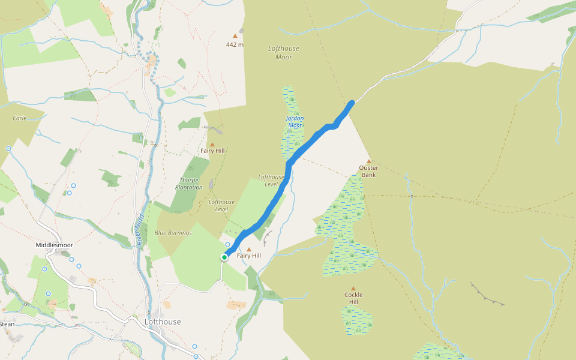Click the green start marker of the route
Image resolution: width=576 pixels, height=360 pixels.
224,257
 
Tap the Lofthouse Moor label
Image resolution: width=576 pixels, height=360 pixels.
284,53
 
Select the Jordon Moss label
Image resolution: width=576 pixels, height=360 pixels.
295,122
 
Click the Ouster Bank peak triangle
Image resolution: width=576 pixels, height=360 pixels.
368,161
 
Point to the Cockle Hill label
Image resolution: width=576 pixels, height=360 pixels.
353,298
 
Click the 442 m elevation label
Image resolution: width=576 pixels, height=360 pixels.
235,44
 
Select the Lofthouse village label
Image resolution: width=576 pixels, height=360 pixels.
163,322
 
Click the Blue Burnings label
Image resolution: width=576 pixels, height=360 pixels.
173,233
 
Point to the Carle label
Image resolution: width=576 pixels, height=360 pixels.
19,118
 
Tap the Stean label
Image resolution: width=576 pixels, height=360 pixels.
7,324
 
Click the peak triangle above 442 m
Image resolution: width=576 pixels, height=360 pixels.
235,36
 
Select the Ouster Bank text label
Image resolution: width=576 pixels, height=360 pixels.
368,171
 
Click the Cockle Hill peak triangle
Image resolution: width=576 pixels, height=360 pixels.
353,289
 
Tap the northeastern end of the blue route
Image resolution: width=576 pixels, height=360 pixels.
352,103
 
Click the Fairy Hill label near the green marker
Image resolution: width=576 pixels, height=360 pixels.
249,256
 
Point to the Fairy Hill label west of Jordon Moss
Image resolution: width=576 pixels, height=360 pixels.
212,151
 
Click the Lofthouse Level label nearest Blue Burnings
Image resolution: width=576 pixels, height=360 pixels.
221,205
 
